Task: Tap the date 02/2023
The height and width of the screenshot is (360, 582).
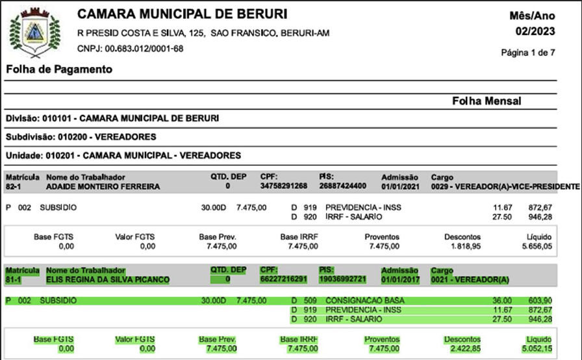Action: [535, 31]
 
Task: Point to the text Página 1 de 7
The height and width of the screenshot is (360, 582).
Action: [528, 53]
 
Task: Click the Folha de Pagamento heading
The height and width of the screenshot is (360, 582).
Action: [59, 69]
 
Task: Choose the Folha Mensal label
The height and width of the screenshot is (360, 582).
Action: [487, 101]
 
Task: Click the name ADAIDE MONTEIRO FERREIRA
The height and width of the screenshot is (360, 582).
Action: [103, 186]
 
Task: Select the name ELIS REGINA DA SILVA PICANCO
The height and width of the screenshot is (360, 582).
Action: [108, 279]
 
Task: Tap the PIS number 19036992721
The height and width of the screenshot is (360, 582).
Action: [343, 279]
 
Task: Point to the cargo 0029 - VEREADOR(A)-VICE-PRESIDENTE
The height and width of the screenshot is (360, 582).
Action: [505, 186]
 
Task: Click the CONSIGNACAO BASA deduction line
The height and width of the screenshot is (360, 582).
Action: [364, 301]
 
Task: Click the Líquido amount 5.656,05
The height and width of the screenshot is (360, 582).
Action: [538, 246]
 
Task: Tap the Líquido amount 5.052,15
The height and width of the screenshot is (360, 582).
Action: [538, 349]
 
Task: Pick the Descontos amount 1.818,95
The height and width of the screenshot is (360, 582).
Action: [466, 246]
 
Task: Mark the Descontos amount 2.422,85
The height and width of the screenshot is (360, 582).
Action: [466, 349]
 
